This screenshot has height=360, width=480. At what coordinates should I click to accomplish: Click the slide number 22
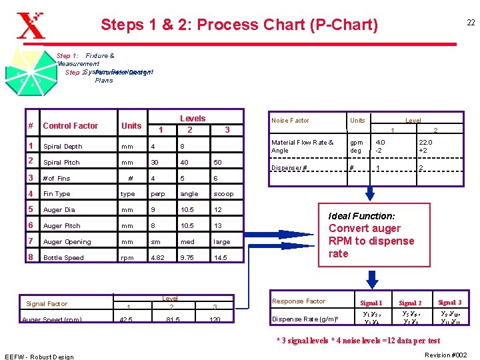(x=470, y=23)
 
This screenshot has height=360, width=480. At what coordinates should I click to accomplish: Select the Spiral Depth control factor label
(x=63, y=147)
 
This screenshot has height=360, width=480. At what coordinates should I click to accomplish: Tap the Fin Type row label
(x=57, y=194)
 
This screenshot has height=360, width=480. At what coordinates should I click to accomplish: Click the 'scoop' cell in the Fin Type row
(x=223, y=194)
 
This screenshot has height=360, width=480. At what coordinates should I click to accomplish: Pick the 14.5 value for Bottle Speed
(x=221, y=257)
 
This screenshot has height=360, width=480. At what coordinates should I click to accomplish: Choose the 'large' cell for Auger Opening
(x=222, y=242)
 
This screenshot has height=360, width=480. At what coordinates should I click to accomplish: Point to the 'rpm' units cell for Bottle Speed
(x=127, y=257)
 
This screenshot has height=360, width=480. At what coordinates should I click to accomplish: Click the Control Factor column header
(x=70, y=125)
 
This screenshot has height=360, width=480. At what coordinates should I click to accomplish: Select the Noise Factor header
(x=290, y=121)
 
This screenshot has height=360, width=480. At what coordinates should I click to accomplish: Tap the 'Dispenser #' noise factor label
(x=289, y=167)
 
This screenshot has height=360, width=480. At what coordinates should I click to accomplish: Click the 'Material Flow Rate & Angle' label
(x=302, y=146)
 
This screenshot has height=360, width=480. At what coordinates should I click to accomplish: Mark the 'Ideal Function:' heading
(x=362, y=216)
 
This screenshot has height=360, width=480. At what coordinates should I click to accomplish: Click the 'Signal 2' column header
(x=410, y=303)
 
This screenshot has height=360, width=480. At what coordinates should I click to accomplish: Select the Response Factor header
(x=298, y=301)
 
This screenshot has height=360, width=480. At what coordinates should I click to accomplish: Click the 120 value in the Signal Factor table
(x=215, y=320)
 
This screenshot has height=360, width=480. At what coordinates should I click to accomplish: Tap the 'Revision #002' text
(x=447, y=354)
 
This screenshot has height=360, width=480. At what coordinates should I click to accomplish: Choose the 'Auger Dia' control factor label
(x=59, y=210)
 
